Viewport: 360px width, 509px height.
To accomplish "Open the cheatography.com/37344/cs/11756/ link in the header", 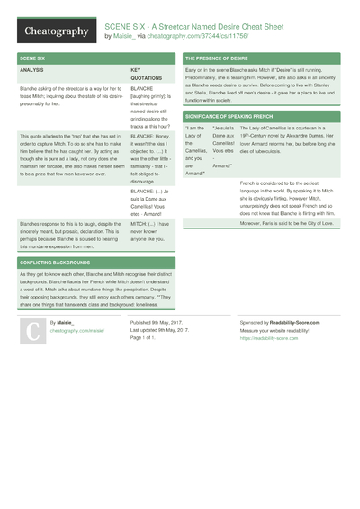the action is click(x=191, y=37).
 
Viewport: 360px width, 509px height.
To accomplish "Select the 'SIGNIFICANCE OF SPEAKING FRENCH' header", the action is click(x=234, y=117).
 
